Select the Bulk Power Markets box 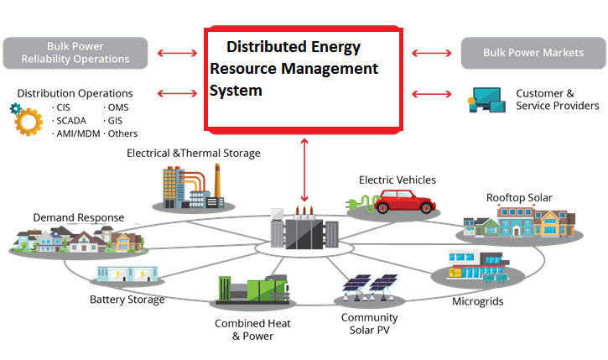tap(533, 52)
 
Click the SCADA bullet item tap(70, 120)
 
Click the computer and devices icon tap(486, 101)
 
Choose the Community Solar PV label tap(369, 324)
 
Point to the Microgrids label tap(477, 300)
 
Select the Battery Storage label tap(127, 300)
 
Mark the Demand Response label tap(79, 217)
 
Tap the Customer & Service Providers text tap(557, 99)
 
